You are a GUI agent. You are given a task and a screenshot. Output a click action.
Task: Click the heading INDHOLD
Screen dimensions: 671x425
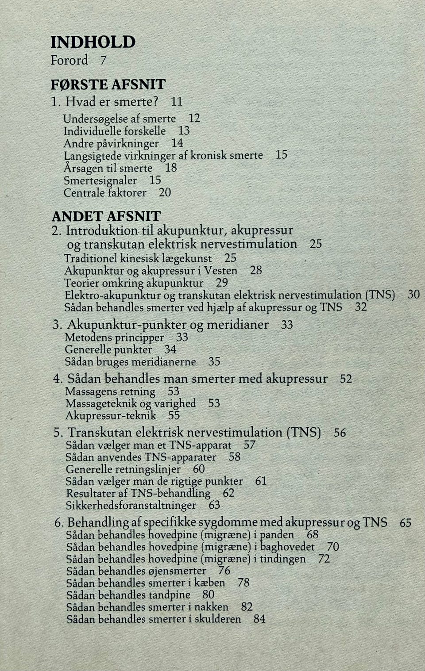click(x=93, y=42)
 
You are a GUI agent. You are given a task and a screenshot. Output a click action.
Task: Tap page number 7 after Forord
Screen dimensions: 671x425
click(x=103, y=60)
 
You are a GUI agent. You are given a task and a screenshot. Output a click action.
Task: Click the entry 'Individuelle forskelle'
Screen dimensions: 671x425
click(x=114, y=131)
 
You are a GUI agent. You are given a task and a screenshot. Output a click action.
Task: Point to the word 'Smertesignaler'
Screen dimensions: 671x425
click(x=100, y=180)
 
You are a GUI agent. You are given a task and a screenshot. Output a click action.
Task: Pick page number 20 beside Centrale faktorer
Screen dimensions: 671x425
click(x=165, y=193)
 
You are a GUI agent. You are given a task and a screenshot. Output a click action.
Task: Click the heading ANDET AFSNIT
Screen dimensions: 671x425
click(x=106, y=216)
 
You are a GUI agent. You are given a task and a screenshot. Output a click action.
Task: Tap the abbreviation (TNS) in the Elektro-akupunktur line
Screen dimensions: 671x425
click(x=379, y=295)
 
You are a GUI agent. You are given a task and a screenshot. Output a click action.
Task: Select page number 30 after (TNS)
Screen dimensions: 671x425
click(x=413, y=294)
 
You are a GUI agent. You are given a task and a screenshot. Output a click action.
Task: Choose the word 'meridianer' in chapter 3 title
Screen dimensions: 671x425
click(x=238, y=325)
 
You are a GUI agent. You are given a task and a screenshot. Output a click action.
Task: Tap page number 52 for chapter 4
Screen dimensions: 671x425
click(x=346, y=379)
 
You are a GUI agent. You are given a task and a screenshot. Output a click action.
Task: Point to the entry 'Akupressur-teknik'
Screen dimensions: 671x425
click(x=111, y=415)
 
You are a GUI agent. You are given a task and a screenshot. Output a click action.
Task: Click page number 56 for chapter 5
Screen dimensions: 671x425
click(x=340, y=433)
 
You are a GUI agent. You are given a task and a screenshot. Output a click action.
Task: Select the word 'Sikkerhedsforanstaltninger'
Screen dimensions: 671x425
click(x=131, y=505)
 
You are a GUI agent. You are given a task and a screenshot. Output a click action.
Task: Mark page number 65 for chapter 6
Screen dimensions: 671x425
click(x=406, y=523)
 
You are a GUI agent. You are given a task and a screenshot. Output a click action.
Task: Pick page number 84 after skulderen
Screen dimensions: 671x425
click(x=259, y=619)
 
